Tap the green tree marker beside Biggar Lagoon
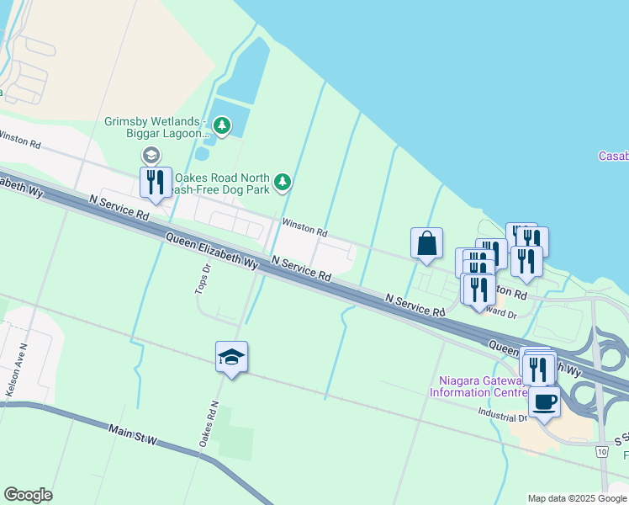click(x=221, y=127)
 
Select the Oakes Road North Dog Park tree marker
click(x=283, y=181)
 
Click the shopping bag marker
click(x=426, y=243)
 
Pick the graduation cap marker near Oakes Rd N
click(x=231, y=357)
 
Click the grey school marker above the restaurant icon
click(x=151, y=155)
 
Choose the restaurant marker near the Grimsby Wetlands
click(x=156, y=183)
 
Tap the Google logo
click(x=28, y=495)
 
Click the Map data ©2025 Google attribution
click(x=577, y=498)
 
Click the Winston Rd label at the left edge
click(x=18, y=139)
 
